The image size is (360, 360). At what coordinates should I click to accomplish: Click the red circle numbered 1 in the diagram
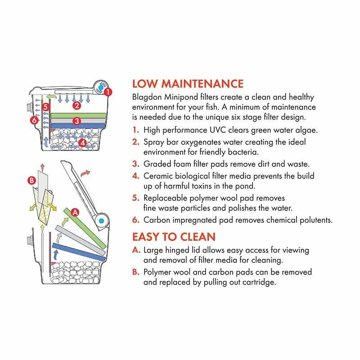(108, 92)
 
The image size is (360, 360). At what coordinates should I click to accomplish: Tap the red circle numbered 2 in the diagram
(77, 106)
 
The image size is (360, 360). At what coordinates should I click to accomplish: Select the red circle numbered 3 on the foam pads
(77, 121)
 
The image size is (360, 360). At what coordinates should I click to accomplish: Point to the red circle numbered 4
(82, 143)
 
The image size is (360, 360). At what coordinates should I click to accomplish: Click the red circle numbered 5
(46, 107)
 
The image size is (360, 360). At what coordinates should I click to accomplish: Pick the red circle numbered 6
(35, 120)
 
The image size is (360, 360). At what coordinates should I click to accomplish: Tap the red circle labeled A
(75, 212)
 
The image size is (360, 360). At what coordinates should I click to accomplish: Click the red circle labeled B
(31, 180)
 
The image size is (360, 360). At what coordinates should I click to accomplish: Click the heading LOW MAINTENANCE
(188, 84)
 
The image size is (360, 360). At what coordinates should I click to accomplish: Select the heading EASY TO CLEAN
(174, 237)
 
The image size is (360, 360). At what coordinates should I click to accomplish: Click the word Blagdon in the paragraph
(147, 97)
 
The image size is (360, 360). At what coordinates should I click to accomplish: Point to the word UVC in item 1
(218, 130)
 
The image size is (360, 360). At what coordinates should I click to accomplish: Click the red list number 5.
(135, 198)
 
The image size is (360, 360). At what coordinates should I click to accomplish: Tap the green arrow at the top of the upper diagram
(51, 97)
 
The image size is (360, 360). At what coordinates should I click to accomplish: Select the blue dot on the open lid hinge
(101, 221)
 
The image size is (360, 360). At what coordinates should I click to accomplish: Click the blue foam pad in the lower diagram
(79, 252)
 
